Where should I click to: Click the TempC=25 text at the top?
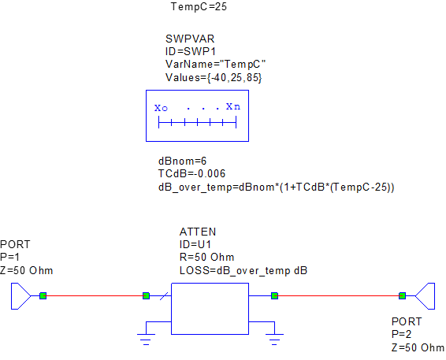coord(199,6)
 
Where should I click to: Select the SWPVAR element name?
coord(190,39)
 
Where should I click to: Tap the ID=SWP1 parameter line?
coord(190,51)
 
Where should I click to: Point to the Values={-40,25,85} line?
coord(214,77)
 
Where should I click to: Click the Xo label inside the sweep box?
coord(161,108)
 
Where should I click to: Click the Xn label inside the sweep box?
coord(233,106)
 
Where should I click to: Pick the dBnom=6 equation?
coord(182,161)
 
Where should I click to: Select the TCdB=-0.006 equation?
coord(191,174)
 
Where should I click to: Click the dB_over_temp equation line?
coord(277,187)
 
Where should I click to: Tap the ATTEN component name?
coord(198,232)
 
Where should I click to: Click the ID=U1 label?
coord(195,244)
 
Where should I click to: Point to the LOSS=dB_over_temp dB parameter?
coord(243,271)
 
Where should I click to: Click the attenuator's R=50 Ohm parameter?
coord(206,258)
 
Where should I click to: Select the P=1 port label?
coord(10,257)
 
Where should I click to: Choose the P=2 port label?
coord(401,334)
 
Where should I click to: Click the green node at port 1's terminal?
coord(43,295)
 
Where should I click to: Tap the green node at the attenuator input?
coord(146,295)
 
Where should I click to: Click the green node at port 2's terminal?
coord(402,295)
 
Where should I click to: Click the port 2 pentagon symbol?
coord(425,296)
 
